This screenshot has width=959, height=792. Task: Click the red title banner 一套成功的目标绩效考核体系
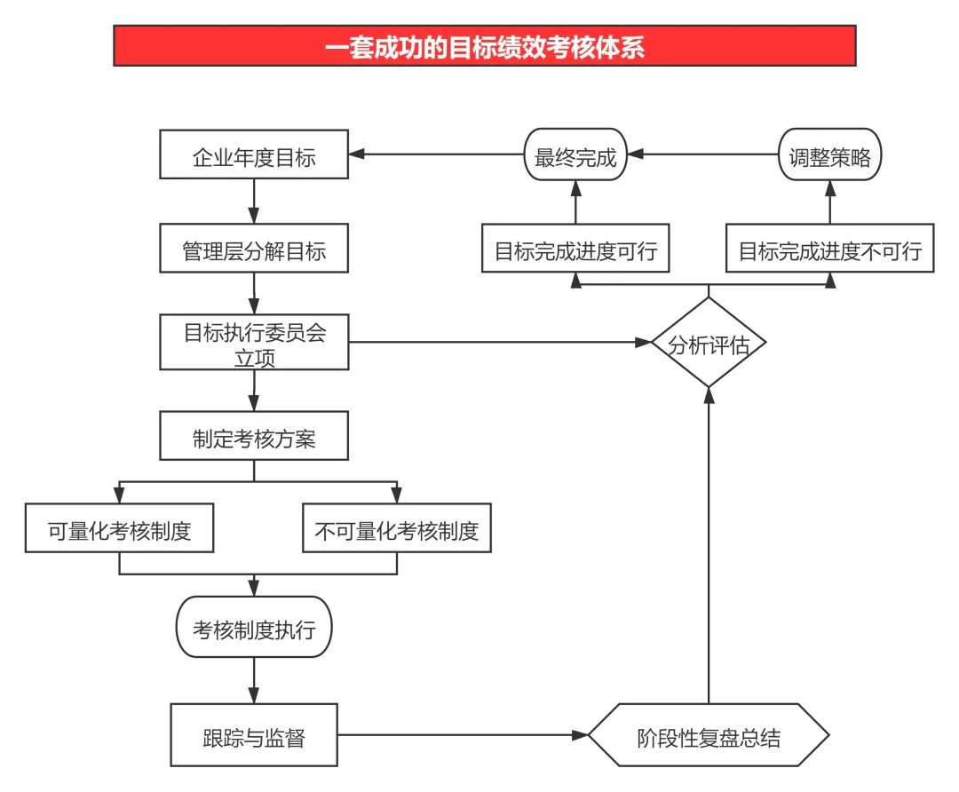[485, 46]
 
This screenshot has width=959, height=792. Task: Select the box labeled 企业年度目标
[254, 155]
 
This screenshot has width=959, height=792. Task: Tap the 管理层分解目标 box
[254, 250]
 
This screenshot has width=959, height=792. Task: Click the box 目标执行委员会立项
[254, 343]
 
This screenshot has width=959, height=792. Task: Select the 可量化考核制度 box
[119, 530]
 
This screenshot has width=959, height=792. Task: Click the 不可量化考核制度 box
[396, 530]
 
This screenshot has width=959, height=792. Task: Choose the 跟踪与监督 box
[254, 735]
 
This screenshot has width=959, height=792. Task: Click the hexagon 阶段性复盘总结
[709, 735]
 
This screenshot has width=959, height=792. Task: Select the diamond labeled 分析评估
[709, 343]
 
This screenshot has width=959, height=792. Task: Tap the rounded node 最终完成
[575, 155]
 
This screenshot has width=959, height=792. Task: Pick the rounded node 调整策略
[830, 155]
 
